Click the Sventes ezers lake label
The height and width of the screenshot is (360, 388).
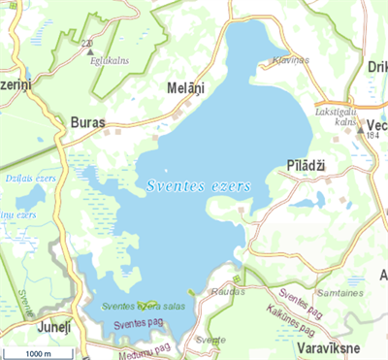click(199, 184)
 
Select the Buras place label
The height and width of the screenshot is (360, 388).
click(88, 123)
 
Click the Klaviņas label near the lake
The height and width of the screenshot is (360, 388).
click(291, 60)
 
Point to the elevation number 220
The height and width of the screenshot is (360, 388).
click(88, 44)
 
